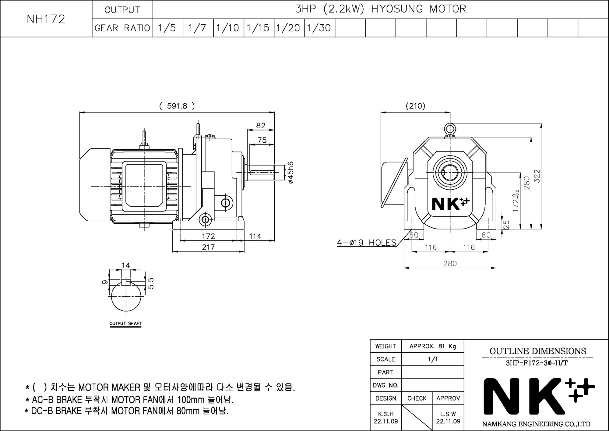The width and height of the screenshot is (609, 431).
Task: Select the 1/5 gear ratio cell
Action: (x=168, y=28)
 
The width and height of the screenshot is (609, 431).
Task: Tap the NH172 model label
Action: (x=46, y=19)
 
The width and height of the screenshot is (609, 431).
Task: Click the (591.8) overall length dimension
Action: (x=177, y=106)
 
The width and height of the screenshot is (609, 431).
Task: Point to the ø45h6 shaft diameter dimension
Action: (x=291, y=173)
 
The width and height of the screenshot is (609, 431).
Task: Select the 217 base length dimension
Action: (x=208, y=247)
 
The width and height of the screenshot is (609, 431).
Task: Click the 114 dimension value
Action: (x=255, y=236)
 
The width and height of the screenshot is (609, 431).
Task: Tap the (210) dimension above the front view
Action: (x=415, y=106)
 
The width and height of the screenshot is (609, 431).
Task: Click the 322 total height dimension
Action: (x=537, y=176)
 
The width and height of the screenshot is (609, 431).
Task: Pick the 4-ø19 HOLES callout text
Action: (x=367, y=243)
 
